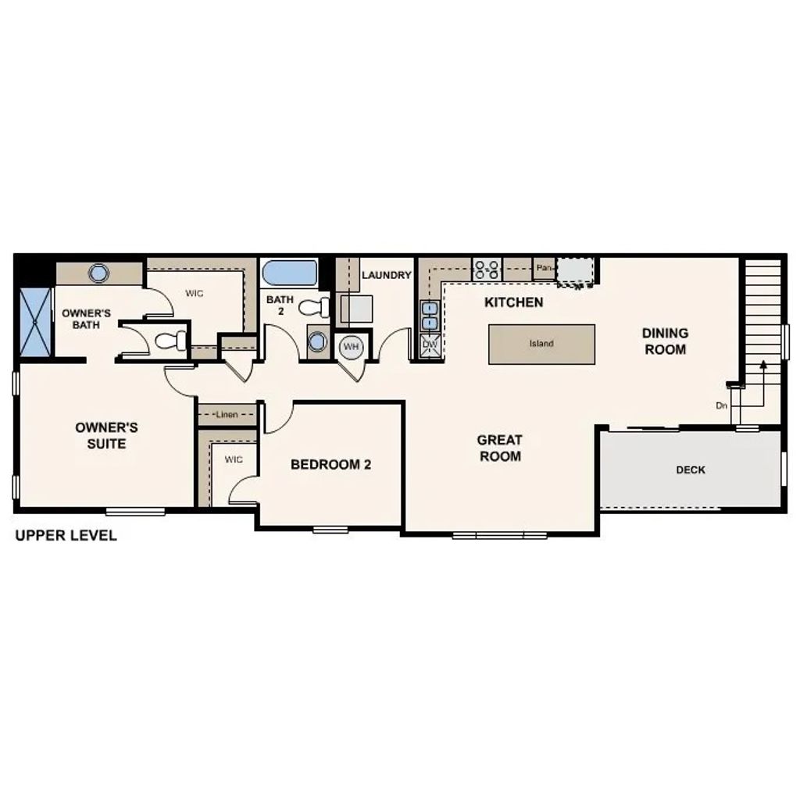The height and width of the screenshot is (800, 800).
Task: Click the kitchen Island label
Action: pos(541,344)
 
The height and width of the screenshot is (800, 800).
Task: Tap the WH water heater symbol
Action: pos(351,345)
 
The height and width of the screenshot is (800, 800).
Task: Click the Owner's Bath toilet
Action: pos(171,341)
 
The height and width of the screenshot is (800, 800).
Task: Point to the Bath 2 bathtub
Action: pos(290,275)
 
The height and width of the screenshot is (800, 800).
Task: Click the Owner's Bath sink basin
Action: pos(99,273)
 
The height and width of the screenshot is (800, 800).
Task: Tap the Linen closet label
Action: pos(227,414)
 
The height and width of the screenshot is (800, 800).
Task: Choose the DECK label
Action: pos(691,470)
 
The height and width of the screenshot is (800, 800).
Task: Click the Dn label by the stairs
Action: pos(721,405)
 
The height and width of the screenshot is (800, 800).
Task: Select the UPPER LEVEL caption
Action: pos(66,535)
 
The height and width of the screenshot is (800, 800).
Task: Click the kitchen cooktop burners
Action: pos(487,270)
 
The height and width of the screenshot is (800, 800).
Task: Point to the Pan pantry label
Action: pos(545,268)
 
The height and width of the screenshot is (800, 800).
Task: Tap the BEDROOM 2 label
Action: pos(330,465)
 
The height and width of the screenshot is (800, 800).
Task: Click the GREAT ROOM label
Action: pos(500,448)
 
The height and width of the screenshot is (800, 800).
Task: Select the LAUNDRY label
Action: pos(387,275)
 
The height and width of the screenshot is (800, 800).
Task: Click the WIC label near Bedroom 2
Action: pos(234,459)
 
